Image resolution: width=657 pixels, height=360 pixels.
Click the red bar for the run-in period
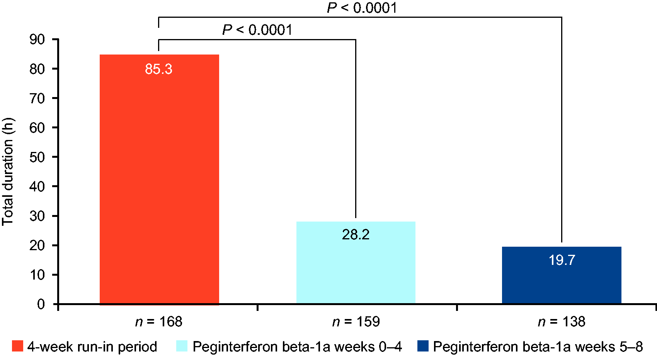tap(159, 182)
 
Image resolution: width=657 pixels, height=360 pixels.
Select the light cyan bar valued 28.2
tap(356, 267)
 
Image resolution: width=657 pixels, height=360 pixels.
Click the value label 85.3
tap(158, 69)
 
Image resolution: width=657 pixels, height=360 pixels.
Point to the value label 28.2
tap(356, 235)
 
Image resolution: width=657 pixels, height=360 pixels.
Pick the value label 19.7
tap(562, 260)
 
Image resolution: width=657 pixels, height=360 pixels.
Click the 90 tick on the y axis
tap(37, 39)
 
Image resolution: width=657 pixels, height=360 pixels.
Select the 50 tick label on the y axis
tap(37, 157)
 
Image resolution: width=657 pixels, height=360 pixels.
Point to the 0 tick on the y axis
tap(41, 304)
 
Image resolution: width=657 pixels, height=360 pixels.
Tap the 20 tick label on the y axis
tap(37, 245)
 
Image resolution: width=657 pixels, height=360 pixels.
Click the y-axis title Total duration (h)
tap(8, 172)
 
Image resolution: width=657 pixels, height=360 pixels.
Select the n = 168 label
tap(158, 322)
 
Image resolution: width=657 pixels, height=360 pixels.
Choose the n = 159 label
tap(356, 322)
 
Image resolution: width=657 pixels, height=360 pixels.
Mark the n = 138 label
tap(562, 322)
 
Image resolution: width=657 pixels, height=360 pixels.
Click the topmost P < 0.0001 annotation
tap(362, 8)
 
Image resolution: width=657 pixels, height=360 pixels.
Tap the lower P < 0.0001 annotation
tap(257, 30)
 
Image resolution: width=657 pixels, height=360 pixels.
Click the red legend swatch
tap(17, 346)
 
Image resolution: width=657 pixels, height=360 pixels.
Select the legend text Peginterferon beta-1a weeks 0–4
tap(297, 346)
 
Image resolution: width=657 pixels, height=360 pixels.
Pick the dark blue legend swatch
tap(423, 346)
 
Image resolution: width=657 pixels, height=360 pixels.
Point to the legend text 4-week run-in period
tap(92, 346)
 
